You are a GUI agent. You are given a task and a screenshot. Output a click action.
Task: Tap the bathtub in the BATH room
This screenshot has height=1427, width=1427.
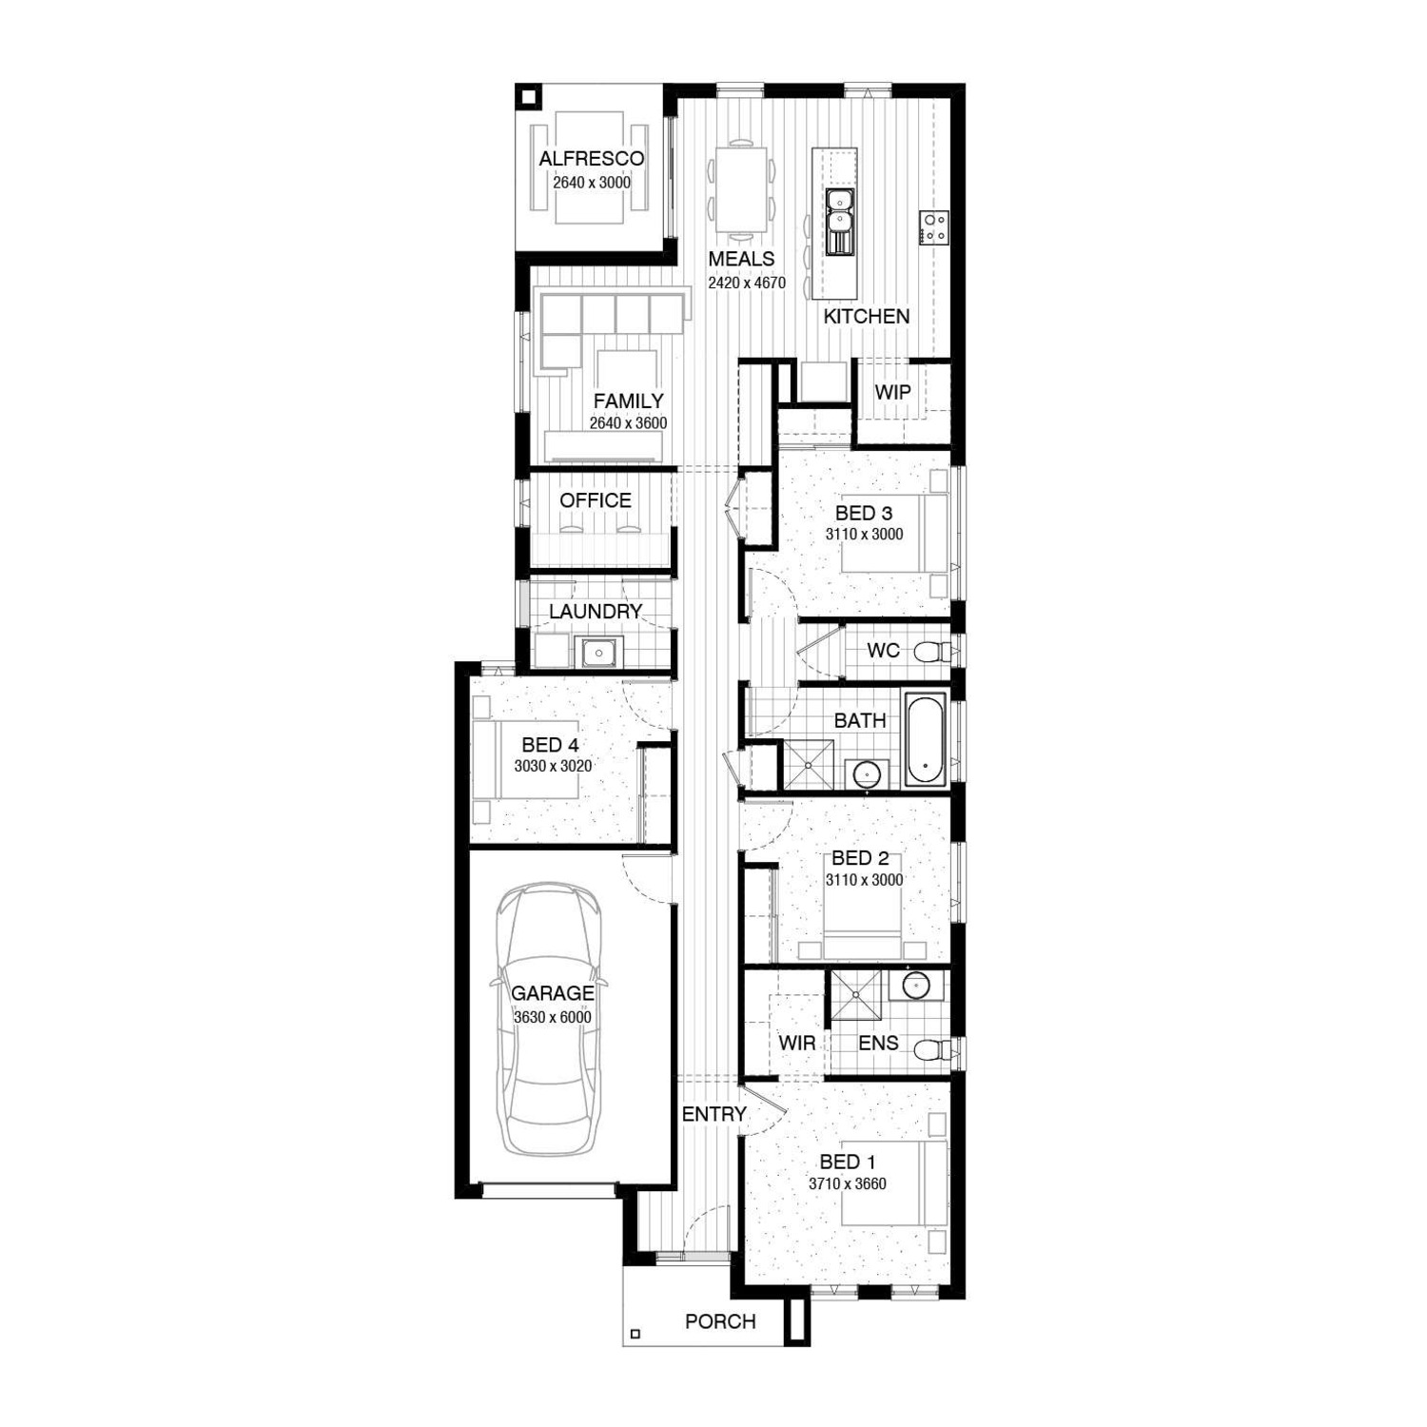tap(925, 740)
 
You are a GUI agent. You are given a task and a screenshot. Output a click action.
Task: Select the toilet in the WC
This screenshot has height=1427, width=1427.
tap(933, 652)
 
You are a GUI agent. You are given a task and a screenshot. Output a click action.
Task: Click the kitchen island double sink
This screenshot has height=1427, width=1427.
tap(839, 222)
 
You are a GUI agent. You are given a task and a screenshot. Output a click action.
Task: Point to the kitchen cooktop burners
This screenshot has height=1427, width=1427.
tap(933, 226)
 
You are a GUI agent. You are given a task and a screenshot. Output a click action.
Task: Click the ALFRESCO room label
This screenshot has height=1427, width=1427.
tap(591, 159)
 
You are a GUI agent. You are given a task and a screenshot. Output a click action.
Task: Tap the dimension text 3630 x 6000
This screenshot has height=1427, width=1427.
tap(553, 1017)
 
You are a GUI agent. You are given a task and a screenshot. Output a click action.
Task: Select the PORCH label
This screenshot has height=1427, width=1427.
tap(720, 1321)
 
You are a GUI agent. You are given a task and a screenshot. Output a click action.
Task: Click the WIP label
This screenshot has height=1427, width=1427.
tap(892, 392)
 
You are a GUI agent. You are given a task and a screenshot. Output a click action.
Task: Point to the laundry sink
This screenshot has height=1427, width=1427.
tap(598, 654)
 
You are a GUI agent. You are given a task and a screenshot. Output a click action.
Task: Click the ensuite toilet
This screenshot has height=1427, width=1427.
tap(933, 1050)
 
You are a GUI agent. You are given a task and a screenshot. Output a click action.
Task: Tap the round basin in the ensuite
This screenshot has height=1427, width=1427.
tap(915, 985)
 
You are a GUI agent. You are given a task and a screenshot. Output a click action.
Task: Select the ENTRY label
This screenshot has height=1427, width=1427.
tap(714, 1114)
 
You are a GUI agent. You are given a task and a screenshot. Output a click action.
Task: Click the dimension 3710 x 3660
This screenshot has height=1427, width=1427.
tap(848, 1184)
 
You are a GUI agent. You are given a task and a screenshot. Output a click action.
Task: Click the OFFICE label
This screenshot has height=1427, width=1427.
tap(596, 500)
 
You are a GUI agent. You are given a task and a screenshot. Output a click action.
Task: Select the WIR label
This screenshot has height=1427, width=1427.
tap(796, 1043)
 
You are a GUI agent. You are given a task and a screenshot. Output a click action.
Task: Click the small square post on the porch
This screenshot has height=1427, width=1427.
tap(635, 1334)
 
